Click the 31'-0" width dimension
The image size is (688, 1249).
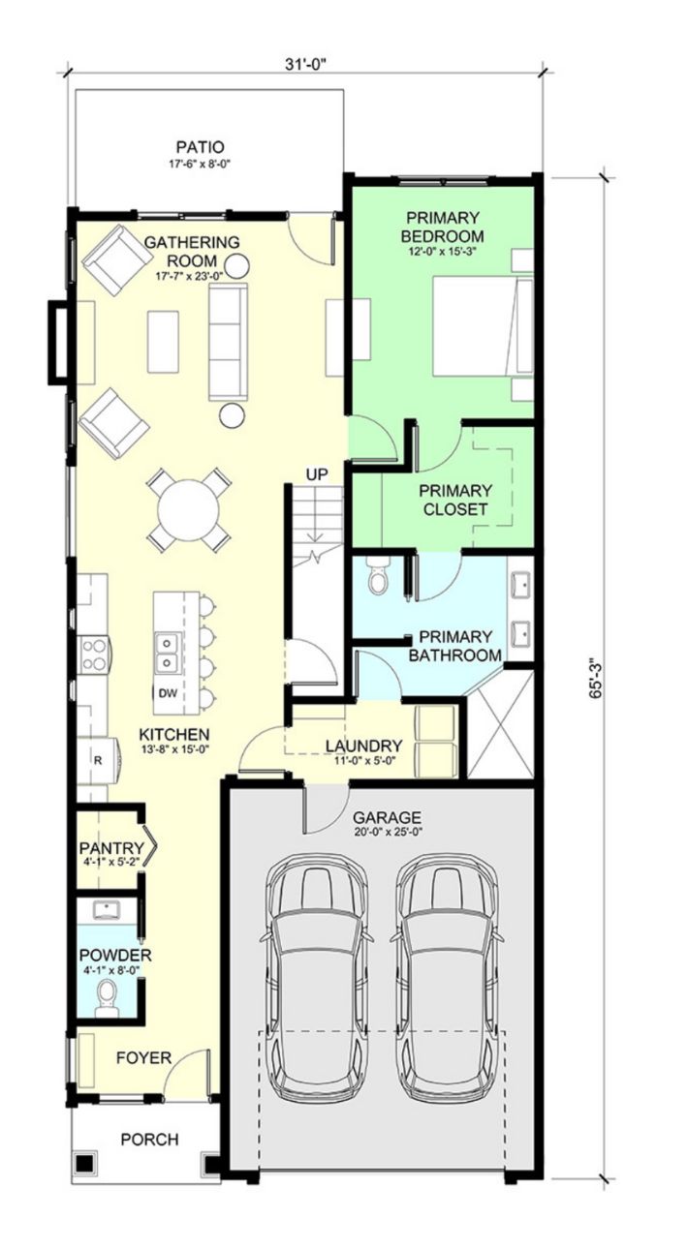[x=305, y=64]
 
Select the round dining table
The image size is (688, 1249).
[x=189, y=509]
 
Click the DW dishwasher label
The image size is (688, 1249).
[x=168, y=693]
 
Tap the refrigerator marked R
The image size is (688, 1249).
[x=98, y=760]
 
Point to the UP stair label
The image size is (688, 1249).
[x=317, y=475]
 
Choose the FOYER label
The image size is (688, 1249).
[x=143, y=1057]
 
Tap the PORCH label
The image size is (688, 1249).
[x=149, y=1140]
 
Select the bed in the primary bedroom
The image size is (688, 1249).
[x=484, y=325]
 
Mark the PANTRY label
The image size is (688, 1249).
[x=111, y=848]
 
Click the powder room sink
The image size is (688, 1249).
[x=106, y=910]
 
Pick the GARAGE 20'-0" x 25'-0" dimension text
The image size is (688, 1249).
[x=388, y=833]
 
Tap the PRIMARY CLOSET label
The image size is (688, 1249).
[x=455, y=500]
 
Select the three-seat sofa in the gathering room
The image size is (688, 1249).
[x=228, y=342]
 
